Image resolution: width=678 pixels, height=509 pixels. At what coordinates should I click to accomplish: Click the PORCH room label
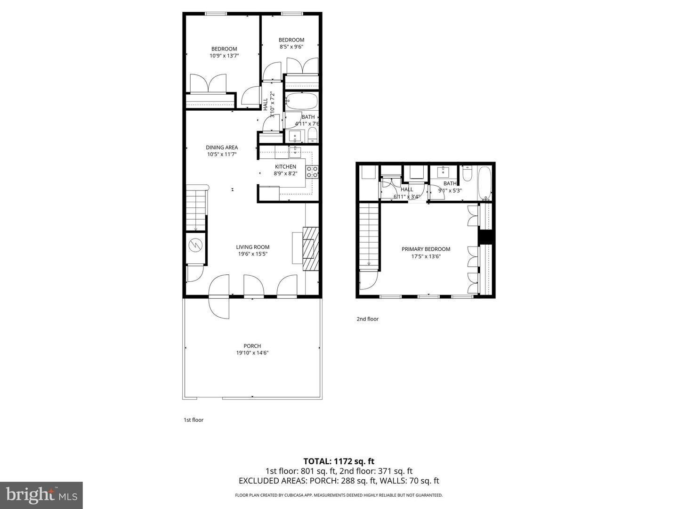(x=252, y=346)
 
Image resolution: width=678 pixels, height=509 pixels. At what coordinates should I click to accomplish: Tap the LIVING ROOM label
(x=252, y=247)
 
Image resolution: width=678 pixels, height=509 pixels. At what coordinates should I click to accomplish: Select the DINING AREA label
(x=222, y=148)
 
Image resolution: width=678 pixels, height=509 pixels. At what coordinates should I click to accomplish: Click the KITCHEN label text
(x=285, y=166)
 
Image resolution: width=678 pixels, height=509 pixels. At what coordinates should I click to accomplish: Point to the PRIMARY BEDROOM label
(x=426, y=249)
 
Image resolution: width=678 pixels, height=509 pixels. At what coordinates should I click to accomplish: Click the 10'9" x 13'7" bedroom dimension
(x=224, y=56)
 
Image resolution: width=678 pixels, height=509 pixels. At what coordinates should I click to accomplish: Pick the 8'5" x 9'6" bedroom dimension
(x=291, y=47)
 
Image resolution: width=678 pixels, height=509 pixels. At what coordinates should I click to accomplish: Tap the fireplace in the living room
(x=311, y=248)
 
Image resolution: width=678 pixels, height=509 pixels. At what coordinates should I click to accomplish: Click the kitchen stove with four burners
(x=312, y=172)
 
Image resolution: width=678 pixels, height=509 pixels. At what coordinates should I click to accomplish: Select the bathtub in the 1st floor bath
(x=301, y=102)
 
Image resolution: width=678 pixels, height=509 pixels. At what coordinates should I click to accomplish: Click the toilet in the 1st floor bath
(x=312, y=136)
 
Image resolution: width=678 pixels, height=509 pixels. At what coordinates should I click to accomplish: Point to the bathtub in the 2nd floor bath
(x=484, y=184)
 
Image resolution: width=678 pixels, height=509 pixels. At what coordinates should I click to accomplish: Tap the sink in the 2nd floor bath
(x=444, y=172)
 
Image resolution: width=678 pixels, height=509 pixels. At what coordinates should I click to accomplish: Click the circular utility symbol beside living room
(x=195, y=245)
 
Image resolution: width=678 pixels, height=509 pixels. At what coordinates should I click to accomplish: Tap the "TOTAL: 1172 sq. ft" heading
(x=339, y=461)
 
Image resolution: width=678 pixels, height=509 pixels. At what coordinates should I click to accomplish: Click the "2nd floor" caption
(x=367, y=319)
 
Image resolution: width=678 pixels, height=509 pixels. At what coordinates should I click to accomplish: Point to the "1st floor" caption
(x=194, y=420)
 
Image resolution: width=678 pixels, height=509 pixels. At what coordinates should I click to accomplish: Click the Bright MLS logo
(x=41, y=495)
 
